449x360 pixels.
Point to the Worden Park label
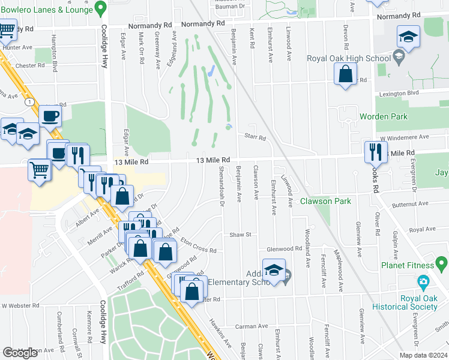point(383,116)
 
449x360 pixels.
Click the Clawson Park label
point(325,201)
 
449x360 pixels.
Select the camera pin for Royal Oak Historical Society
point(424,281)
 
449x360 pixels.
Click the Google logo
point(20,352)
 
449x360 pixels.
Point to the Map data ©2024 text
point(423,355)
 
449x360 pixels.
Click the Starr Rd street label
point(255,137)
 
